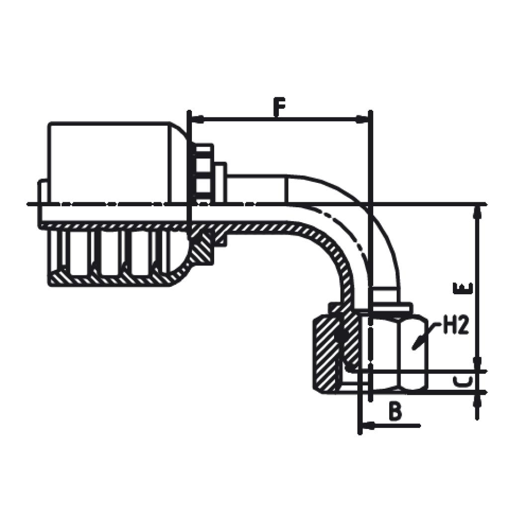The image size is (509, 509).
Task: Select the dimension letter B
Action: (395, 411)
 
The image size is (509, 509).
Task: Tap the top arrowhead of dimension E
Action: (477, 212)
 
